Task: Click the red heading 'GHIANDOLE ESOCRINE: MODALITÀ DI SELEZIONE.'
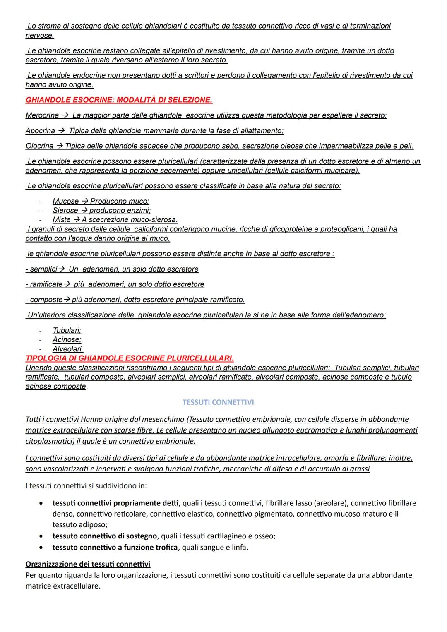click(119, 100)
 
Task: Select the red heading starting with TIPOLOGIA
click(130, 358)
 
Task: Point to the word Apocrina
click(40, 131)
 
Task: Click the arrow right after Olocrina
click(60, 146)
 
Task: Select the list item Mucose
click(65, 201)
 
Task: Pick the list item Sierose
click(65, 210)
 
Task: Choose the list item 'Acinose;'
click(67, 339)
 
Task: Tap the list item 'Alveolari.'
click(68, 349)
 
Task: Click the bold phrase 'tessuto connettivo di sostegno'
click(105, 536)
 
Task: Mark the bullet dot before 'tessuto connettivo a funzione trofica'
click(41, 548)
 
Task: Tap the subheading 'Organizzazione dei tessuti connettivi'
click(88, 564)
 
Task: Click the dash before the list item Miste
click(40, 220)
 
